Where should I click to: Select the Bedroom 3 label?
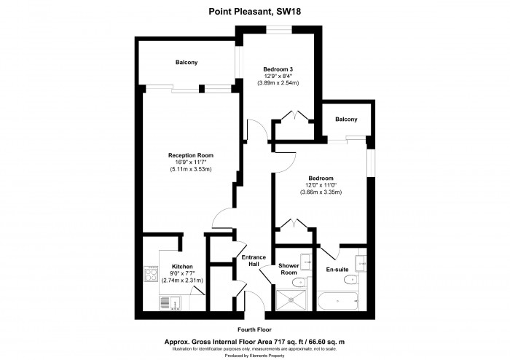pos(277,69)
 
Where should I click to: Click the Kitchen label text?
pos(181,266)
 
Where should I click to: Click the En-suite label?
pos(337,270)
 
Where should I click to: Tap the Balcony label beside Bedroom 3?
pos(186,63)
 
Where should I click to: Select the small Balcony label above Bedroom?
pos(346,120)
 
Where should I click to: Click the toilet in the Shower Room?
pos(297,282)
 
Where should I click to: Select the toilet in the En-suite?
pos(358,280)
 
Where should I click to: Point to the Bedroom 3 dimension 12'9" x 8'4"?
pos(277,76)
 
